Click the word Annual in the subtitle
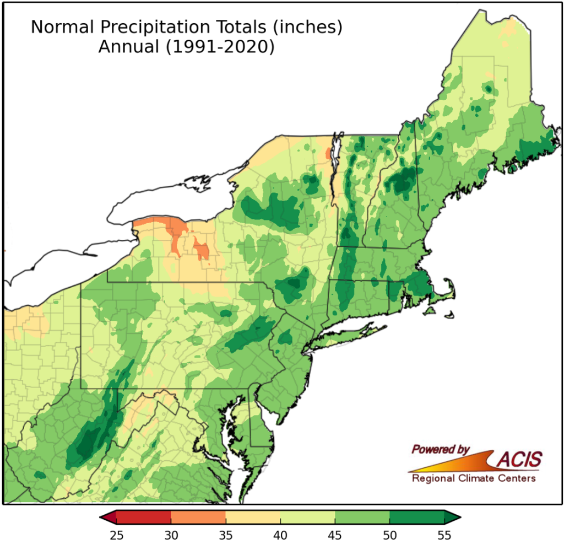(x=127, y=47)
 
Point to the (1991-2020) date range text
(x=217, y=47)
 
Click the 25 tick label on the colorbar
(x=116, y=534)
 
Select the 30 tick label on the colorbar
(x=171, y=534)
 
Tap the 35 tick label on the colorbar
(x=226, y=534)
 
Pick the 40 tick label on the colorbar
(x=280, y=534)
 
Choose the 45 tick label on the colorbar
(x=335, y=534)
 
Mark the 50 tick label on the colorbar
(x=389, y=534)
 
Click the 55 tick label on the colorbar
(x=444, y=534)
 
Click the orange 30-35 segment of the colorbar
(x=198, y=517)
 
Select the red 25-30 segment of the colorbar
(x=144, y=517)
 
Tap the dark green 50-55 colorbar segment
(x=417, y=517)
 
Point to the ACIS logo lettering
(x=519, y=459)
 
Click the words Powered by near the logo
(x=440, y=449)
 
